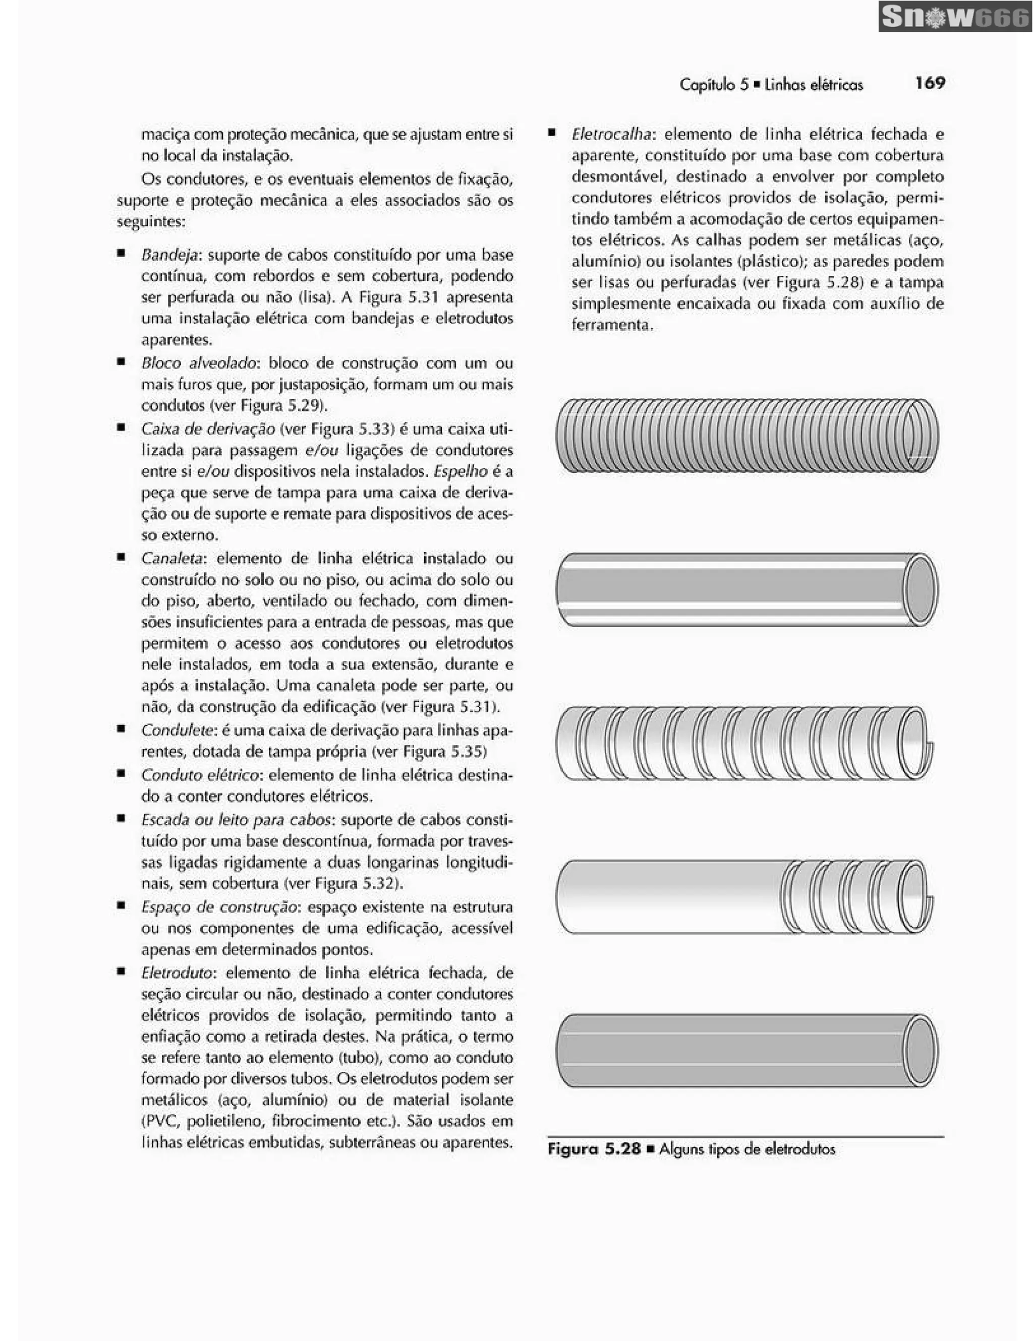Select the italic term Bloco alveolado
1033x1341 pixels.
coord(198,363)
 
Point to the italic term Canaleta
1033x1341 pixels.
coord(171,558)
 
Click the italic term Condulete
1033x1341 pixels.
coord(176,730)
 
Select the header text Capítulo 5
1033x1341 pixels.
coord(714,85)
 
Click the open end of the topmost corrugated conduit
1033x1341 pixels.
coord(921,436)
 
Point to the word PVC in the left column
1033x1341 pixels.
coord(161,1121)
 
